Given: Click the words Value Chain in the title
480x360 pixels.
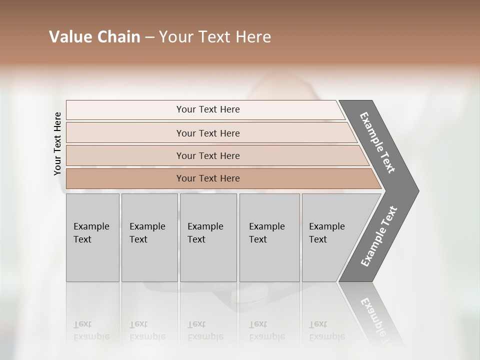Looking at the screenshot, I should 94,37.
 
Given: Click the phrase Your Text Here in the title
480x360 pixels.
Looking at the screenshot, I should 215,37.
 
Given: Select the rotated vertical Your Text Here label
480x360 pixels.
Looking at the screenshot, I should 58,143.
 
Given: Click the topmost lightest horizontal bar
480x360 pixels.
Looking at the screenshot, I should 208,109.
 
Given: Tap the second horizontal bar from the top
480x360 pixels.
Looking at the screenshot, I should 208,133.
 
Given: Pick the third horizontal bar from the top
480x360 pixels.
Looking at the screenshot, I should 208,155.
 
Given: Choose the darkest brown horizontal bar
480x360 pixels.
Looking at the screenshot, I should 208,178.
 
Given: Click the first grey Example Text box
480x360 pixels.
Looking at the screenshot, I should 92,237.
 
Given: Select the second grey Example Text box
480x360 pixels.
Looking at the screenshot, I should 149,237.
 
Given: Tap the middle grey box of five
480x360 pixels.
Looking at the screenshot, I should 208,237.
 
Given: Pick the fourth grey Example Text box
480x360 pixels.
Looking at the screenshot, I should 269,237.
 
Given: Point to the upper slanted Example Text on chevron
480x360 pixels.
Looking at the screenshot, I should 378,143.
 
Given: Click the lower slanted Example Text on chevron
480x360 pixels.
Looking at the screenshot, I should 379,236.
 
